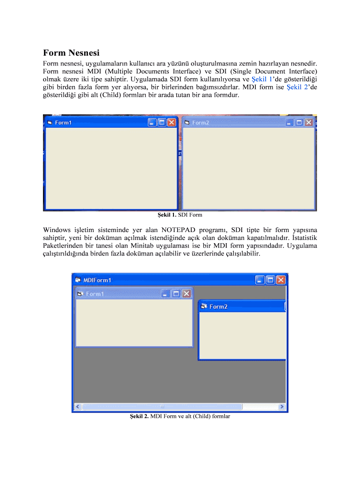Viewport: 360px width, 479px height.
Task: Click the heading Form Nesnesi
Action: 71,53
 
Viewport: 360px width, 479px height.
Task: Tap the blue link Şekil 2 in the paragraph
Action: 297,87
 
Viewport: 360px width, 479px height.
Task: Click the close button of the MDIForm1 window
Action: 281,280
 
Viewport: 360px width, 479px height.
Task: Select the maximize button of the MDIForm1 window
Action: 270,280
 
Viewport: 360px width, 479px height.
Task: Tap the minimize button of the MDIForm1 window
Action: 260,280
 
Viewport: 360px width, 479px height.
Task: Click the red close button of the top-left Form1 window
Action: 172,122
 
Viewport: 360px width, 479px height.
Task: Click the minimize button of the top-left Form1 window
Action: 151,122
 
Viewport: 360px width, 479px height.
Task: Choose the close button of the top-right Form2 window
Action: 309,122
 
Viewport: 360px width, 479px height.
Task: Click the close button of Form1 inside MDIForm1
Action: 186,293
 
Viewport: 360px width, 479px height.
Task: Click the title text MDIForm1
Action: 97,280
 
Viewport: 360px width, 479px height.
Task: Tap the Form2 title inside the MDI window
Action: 218,306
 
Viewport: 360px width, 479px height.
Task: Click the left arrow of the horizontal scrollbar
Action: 78,406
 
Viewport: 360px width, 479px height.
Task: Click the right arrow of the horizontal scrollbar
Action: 281,406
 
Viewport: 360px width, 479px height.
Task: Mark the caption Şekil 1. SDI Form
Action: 180,215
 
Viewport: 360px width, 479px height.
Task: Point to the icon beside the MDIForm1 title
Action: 78,280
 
